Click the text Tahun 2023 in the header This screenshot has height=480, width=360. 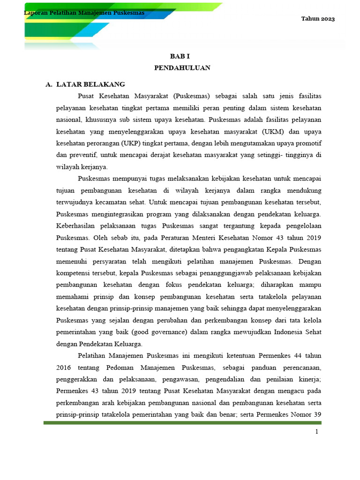[x=318, y=19]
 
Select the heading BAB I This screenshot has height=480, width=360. [x=182, y=55]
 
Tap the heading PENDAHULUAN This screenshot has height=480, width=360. [x=182, y=68]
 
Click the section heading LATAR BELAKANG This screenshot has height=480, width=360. [x=90, y=84]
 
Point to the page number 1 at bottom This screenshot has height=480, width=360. [x=317, y=432]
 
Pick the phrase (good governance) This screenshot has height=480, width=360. [x=154, y=333]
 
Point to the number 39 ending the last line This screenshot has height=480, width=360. [x=317, y=414]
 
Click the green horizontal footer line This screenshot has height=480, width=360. [x=183, y=423]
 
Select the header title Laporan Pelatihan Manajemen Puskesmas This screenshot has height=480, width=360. [x=84, y=13]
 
